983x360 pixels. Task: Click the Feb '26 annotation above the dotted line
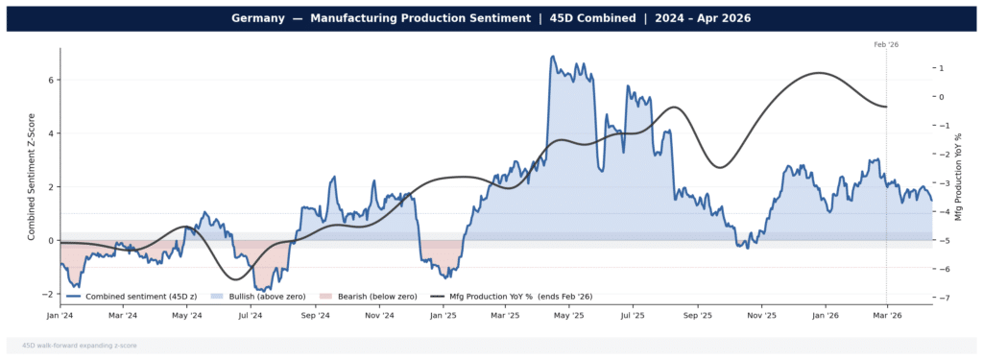[x=886, y=44]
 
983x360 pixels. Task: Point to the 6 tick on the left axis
[x=51, y=80]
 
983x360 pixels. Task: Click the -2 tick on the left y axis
[x=49, y=294]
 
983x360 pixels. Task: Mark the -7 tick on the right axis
[x=943, y=299]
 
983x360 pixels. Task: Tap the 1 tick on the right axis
[x=942, y=68]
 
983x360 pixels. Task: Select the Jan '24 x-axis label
[x=60, y=315]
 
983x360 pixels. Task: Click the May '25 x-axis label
[x=569, y=315]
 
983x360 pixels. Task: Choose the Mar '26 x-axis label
[x=886, y=315]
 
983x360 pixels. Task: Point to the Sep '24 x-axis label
[x=315, y=315]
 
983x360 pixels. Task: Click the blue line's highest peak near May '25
[x=552, y=57]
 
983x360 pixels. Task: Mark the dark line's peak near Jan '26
[x=819, y=73]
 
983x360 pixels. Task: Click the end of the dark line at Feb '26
[x=886, y=107]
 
